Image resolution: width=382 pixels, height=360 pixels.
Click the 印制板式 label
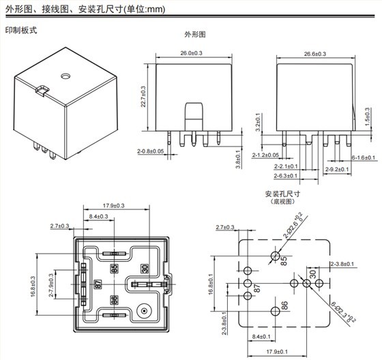pyautogui.click(x=21, y=31)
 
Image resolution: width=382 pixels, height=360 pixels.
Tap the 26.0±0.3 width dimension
pyautogui.click(x=190, y=53)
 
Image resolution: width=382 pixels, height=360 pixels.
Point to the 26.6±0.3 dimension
pyautogui.click(x=314, y=53)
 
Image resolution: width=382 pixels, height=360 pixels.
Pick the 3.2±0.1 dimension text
pyautogui.click(x=258, y=122)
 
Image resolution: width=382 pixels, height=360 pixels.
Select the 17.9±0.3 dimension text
pyautogui.click(x=113, y=206)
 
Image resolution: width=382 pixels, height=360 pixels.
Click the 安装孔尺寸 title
pyautogui.click(x=282, y=194)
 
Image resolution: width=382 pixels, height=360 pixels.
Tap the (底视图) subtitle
pyautogui.click(x=282, y=202)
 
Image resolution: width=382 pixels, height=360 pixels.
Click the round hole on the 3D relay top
pyautogui.click(x=66, y=74)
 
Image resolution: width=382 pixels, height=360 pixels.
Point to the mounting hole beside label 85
pyautogui.click(x=274, y=256)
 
